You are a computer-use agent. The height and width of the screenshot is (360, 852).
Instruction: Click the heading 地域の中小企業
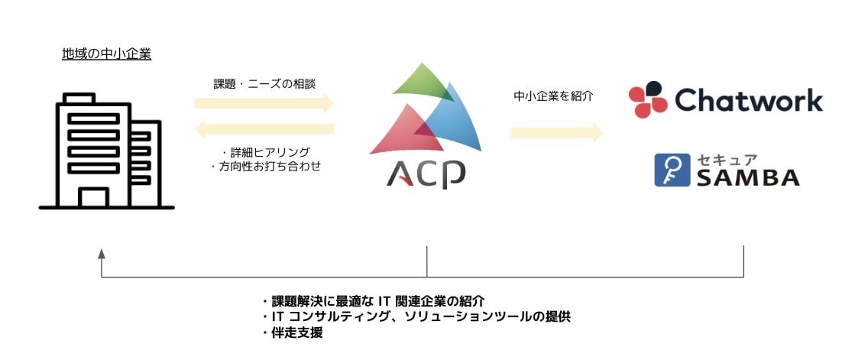[106, 54]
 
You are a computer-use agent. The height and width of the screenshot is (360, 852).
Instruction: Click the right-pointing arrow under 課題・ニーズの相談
[264, 103]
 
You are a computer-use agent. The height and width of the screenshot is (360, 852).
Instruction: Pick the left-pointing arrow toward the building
[264, 129]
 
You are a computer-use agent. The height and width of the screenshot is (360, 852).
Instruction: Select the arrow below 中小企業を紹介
[557, 133]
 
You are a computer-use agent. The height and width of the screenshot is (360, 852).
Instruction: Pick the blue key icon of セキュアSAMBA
[672, 170]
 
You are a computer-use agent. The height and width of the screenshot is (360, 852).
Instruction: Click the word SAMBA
[747, 177]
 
